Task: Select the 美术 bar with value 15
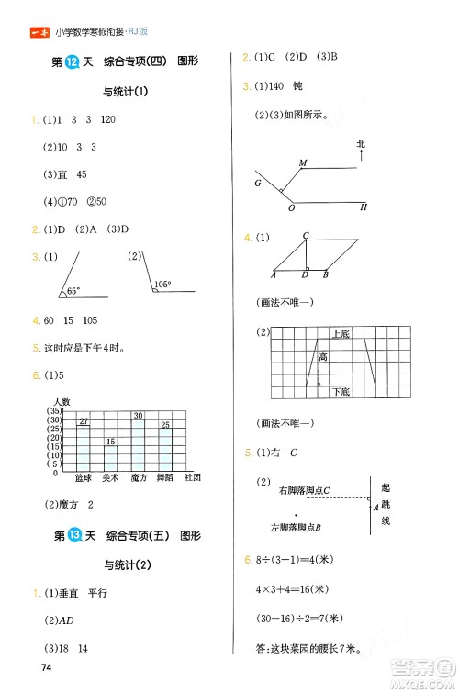110,454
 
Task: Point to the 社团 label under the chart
192,477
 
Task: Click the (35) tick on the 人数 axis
54,411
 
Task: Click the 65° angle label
72,291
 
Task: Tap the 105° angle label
163,285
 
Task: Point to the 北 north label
361,144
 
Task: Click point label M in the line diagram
302,163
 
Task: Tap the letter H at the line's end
363,207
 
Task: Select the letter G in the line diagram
258,184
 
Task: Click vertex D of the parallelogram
305,274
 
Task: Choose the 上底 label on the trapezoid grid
340,335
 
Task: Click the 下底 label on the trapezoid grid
341,391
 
